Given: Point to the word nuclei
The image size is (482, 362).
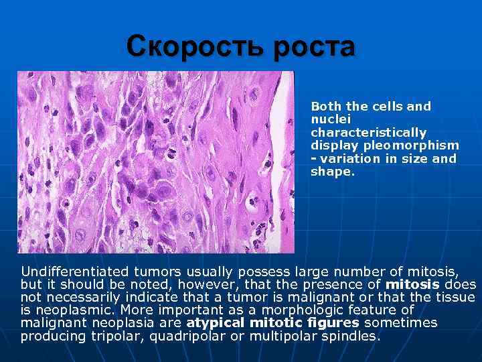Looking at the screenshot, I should coord(327,119).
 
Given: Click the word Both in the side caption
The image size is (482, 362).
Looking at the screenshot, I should coord(326,106).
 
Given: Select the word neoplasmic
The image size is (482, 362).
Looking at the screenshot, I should coord(74,310).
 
